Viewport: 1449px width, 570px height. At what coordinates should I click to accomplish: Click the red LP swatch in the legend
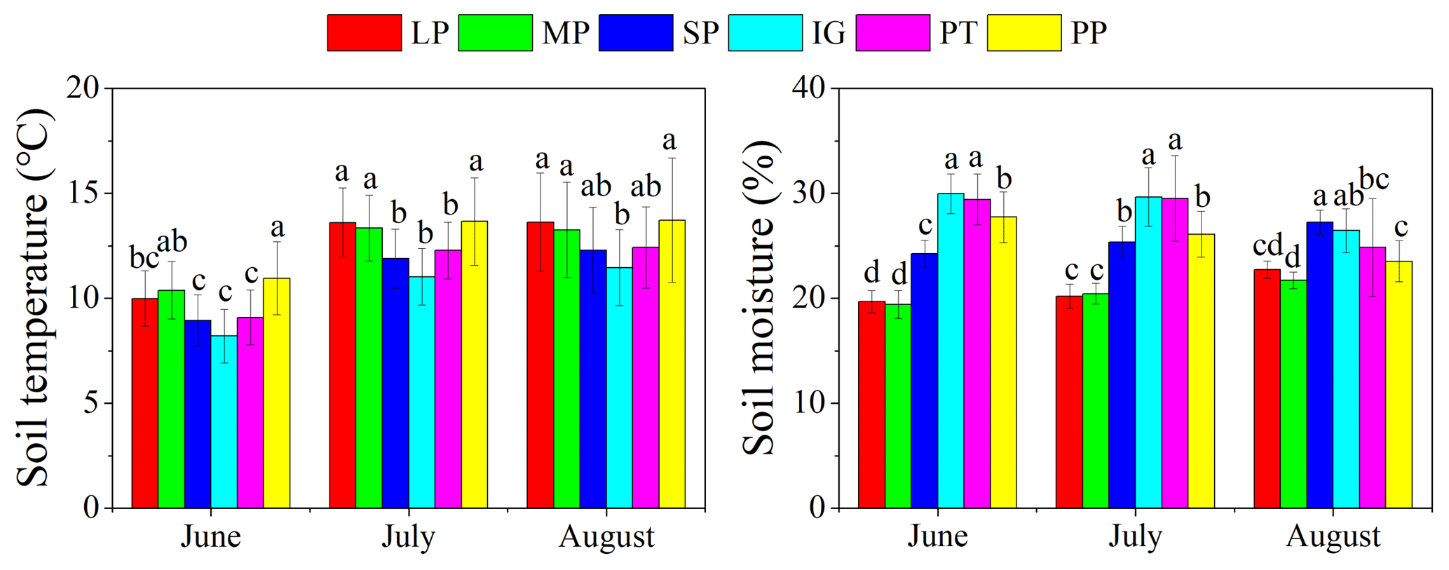click(364, 33)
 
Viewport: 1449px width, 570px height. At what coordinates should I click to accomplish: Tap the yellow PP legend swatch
click(1023, 33)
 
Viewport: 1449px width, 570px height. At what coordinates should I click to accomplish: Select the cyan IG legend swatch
click(765, 33)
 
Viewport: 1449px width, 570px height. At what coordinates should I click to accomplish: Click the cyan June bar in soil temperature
click(224, 421)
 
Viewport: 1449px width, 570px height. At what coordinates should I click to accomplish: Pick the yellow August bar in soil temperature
click(672, 365)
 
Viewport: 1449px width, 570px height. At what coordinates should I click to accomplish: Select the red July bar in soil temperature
click(342, 365)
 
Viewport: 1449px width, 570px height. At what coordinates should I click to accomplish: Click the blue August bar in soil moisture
click(1320, 365)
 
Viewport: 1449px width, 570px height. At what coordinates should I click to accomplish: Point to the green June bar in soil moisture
click(898, 407)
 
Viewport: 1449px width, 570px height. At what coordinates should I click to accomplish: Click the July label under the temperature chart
click(408, 537)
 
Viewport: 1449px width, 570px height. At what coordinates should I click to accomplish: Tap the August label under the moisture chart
click(1333, 537)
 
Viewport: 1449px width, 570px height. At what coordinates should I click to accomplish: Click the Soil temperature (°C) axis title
click(34, 298)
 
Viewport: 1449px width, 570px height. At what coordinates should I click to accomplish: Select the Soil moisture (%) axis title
click(760, 298)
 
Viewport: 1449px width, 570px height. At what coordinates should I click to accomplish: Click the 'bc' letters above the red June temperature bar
click(144, 257)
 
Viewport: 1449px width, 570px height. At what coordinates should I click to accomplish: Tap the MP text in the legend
click(565, 33)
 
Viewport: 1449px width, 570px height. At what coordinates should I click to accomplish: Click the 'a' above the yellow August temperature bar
click(669, 141)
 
